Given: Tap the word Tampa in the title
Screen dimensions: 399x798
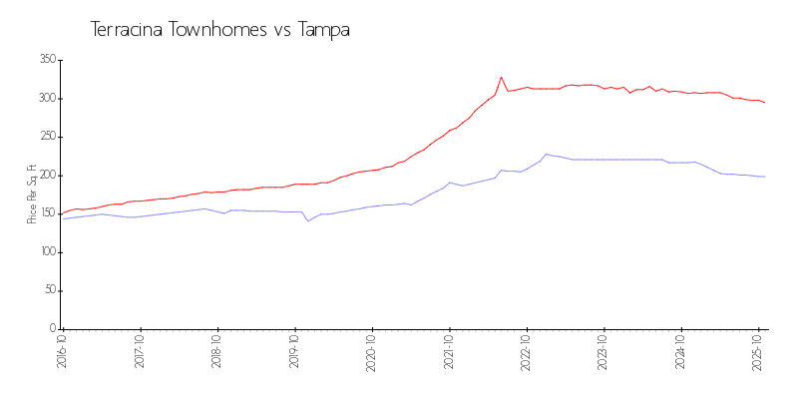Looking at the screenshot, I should (324, 30).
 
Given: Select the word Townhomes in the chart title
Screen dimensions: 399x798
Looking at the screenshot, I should (218, 30).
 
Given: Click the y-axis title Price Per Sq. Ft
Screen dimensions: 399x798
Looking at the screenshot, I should (32, 194).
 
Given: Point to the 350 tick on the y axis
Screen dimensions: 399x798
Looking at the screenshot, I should (45, 60).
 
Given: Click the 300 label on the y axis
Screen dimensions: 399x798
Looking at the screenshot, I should (45, 99).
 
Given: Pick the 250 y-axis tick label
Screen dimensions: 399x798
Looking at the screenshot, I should (45, 137).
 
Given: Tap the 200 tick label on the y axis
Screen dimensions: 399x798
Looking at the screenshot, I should (45, 176).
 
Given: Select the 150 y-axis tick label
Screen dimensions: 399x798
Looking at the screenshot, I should (45, 213).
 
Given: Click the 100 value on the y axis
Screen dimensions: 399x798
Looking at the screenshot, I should (45, 252).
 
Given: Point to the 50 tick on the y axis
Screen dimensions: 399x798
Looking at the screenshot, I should (48, 290).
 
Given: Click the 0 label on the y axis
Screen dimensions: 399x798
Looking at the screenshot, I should (51, 329).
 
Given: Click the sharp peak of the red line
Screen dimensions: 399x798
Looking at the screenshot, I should (502, 77).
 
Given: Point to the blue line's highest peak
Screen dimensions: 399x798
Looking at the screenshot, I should (546, 154).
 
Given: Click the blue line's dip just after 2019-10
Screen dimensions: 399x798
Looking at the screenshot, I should (308, 220).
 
